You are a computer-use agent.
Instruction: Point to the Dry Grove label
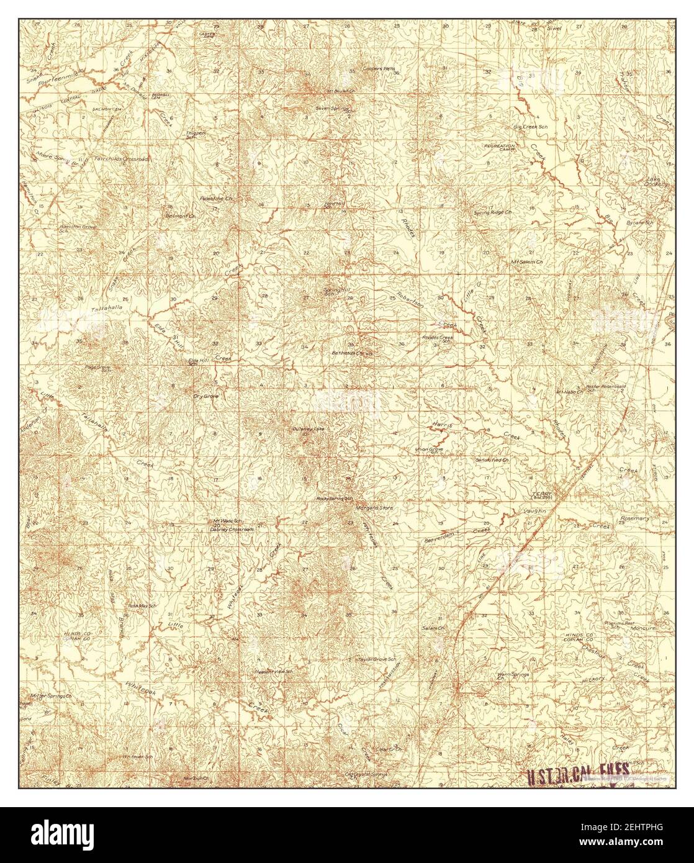[x=205, y=395]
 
